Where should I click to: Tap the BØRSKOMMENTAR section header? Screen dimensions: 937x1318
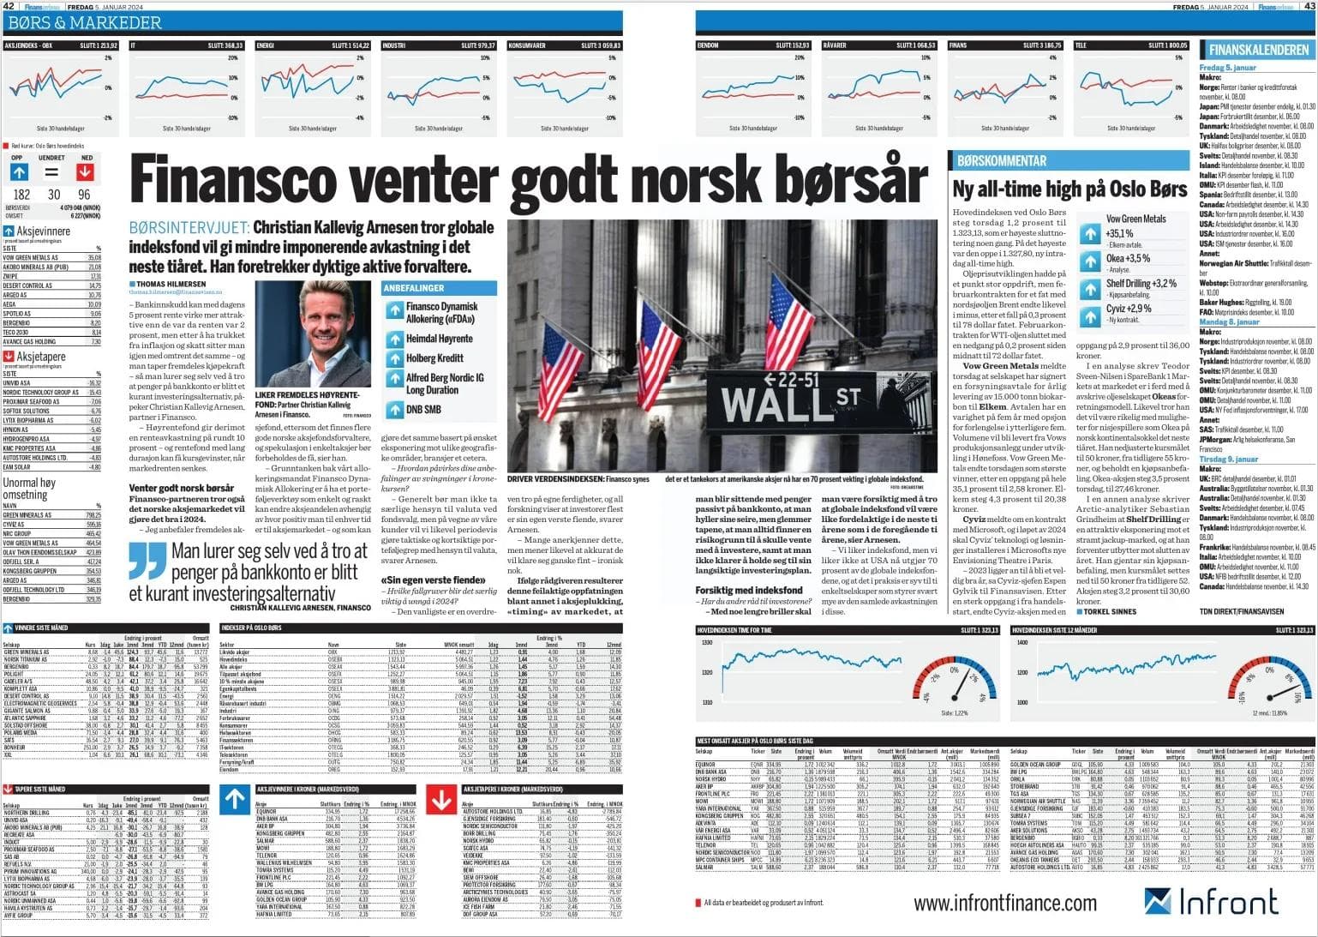coord(1001,160)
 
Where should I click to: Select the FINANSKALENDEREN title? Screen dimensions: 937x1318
coord(1258,50)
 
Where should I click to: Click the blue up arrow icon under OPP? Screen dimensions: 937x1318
coord(19,172)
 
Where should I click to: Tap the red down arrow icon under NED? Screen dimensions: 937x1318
coord(86,172)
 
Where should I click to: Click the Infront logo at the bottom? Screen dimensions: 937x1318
coord(1211,901)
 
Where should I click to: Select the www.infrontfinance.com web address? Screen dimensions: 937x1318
coord(1004,903)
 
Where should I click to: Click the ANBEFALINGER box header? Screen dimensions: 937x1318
coord(414,289)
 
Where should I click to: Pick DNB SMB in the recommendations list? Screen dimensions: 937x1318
coord(423,410)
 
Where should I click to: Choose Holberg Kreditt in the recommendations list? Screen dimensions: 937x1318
coord(434,357)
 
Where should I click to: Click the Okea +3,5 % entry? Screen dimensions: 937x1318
coord(1128,258)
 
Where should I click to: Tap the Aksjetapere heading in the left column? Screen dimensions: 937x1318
coord(41,357)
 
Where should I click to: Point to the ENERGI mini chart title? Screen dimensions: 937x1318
coord(266,45)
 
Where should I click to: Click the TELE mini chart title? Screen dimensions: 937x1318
coord(1081,45)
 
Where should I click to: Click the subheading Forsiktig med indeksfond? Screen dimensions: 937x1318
coord(748,590)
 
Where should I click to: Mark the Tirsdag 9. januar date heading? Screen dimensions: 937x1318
coord(1228,459)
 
